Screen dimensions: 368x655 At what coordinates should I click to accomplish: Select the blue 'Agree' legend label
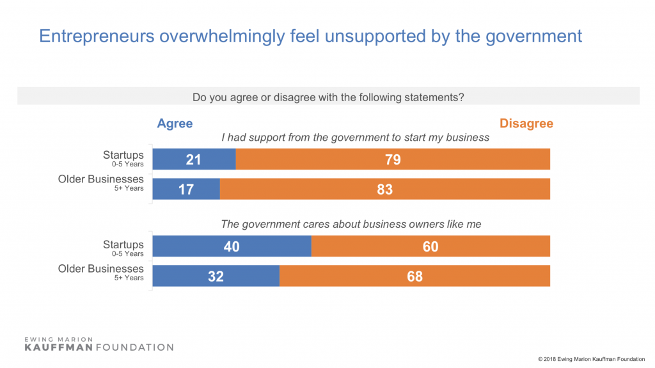pyautogui.click(x=175, y=124)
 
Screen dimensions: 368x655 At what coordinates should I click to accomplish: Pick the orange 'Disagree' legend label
pyautogui.click(x=526, y=124)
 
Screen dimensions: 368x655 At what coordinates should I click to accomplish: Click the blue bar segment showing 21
pyautogui.click(x=194, y=159)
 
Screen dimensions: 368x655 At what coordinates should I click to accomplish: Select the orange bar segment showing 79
pyautogui.click(x=393, y=159)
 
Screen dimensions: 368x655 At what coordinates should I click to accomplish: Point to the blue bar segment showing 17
pyautogui.click(x=186, y=189)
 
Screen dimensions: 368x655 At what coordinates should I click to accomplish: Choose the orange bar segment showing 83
pyautogui.click(x=385, y=189)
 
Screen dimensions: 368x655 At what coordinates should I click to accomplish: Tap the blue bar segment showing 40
pyautogui.click(x=232, y=246)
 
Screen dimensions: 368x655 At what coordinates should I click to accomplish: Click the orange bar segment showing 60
pyautogui.click(x=430, y=246)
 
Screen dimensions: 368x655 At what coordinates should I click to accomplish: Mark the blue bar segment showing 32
pyautogui.click(x=216, y=276)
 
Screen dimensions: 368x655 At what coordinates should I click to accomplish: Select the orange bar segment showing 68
pyautogui.click(x=414, y=276)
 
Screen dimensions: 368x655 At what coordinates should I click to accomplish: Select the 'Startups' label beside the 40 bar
pyautogui.click(x=123, y=244)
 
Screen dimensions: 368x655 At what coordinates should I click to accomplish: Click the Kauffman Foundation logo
pyautogui.click(x=99, y=343)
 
